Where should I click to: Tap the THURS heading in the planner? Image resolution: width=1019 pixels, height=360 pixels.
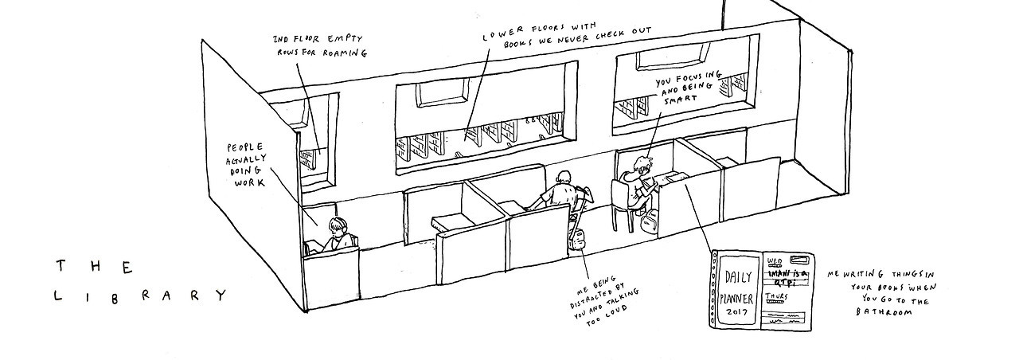coord(777,296)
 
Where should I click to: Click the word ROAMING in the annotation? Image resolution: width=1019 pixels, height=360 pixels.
coord(344,54)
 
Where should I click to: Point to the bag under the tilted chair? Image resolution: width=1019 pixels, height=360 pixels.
coord(577,237)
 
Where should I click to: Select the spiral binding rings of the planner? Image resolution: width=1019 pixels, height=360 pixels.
coord(714,291)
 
